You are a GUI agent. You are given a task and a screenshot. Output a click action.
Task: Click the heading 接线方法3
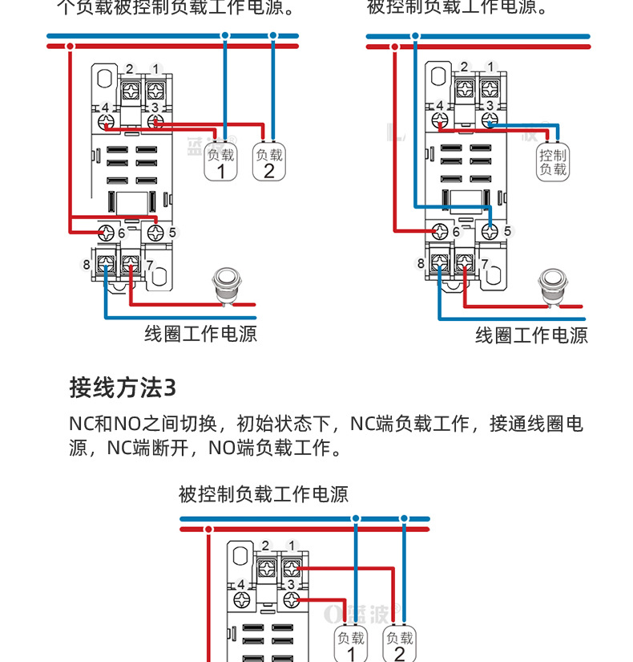click(123, 388)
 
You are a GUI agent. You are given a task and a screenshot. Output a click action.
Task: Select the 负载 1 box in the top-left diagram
click(221, 162)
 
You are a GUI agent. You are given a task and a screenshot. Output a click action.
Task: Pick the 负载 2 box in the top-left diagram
click(268, 162)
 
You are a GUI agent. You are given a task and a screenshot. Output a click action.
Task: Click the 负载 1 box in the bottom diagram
click(351, 644)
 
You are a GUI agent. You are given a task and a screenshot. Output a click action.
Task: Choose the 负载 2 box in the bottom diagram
click(399, 644)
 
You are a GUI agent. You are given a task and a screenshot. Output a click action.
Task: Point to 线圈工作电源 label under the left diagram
click(200, 334)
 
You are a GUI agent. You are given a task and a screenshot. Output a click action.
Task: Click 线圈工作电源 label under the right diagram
click(531, 335)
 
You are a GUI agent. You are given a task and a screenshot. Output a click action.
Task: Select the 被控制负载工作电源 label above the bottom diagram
click(264, 494)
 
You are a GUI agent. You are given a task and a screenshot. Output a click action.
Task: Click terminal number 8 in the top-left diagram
click(87, 264)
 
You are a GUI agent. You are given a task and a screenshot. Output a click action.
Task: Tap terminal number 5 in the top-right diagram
click(506, 232)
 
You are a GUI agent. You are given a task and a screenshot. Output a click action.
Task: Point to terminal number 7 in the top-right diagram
click(484, 263)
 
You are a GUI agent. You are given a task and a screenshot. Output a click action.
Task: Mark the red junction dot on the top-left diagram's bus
click(71, 47)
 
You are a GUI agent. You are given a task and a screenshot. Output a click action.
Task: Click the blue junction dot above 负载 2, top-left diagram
click(273, 35)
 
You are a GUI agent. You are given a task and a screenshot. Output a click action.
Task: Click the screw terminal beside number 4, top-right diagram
click(440, 121)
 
